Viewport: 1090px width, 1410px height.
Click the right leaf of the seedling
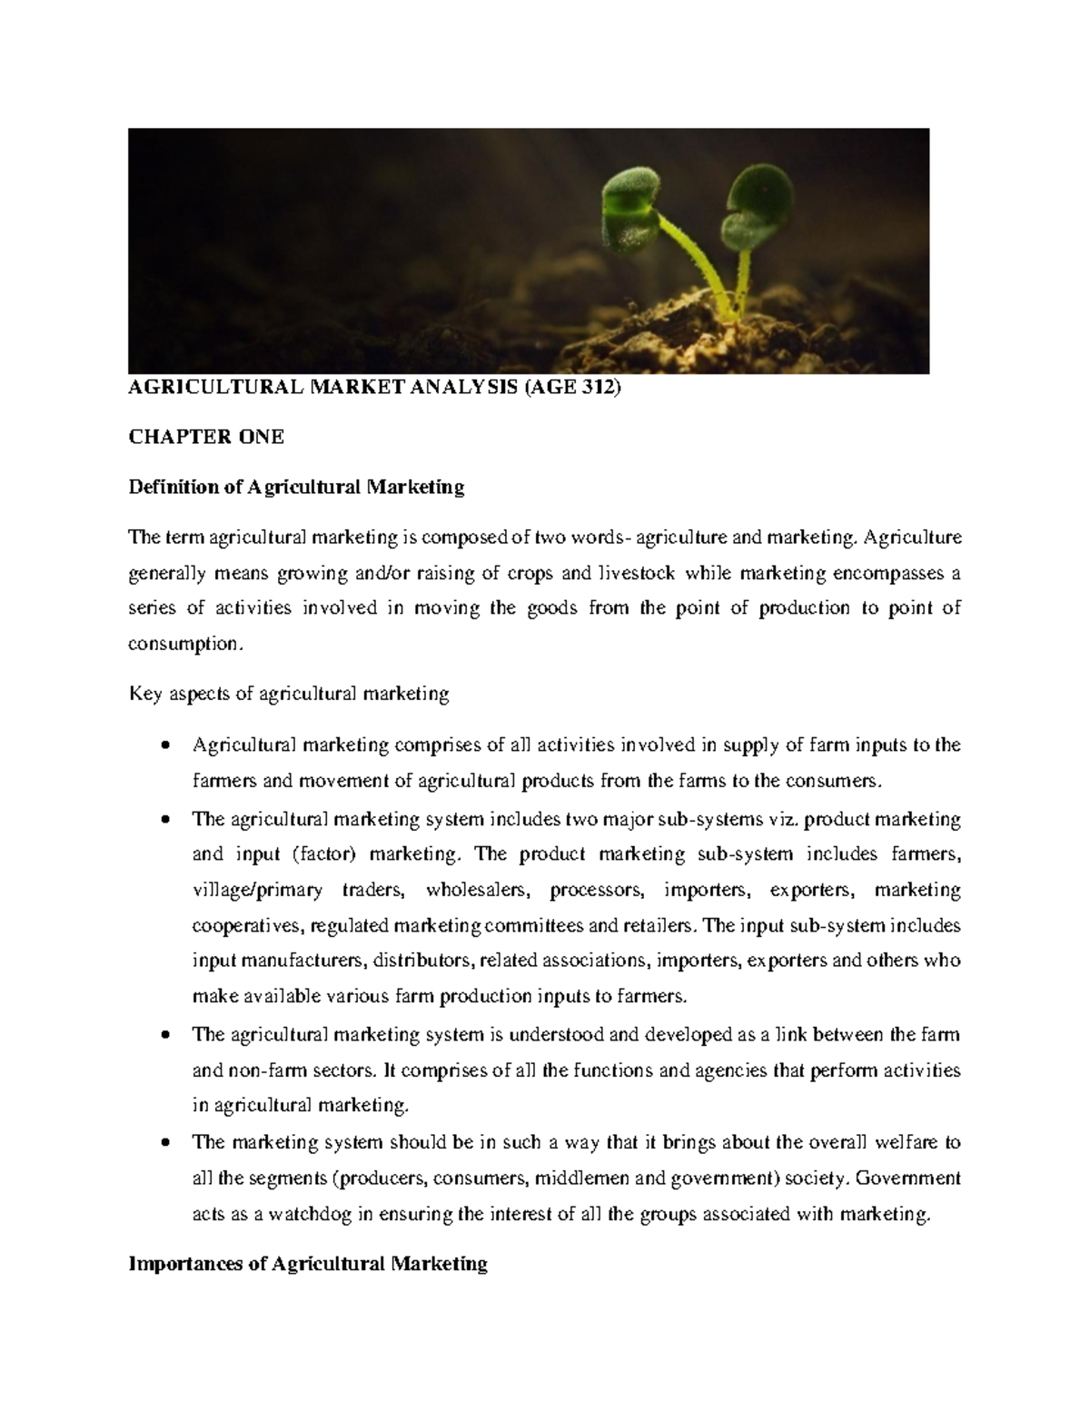pos(758,197)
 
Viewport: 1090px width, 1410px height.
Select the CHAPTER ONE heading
pos(206,437)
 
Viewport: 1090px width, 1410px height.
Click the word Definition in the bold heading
pos(173,488)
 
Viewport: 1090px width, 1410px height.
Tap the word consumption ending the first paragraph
pos(184,644)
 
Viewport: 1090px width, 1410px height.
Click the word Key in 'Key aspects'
pos(144,695)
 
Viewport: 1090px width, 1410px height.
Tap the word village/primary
pos(258,890)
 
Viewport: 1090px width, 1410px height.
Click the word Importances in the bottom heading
pos(185,1263)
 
